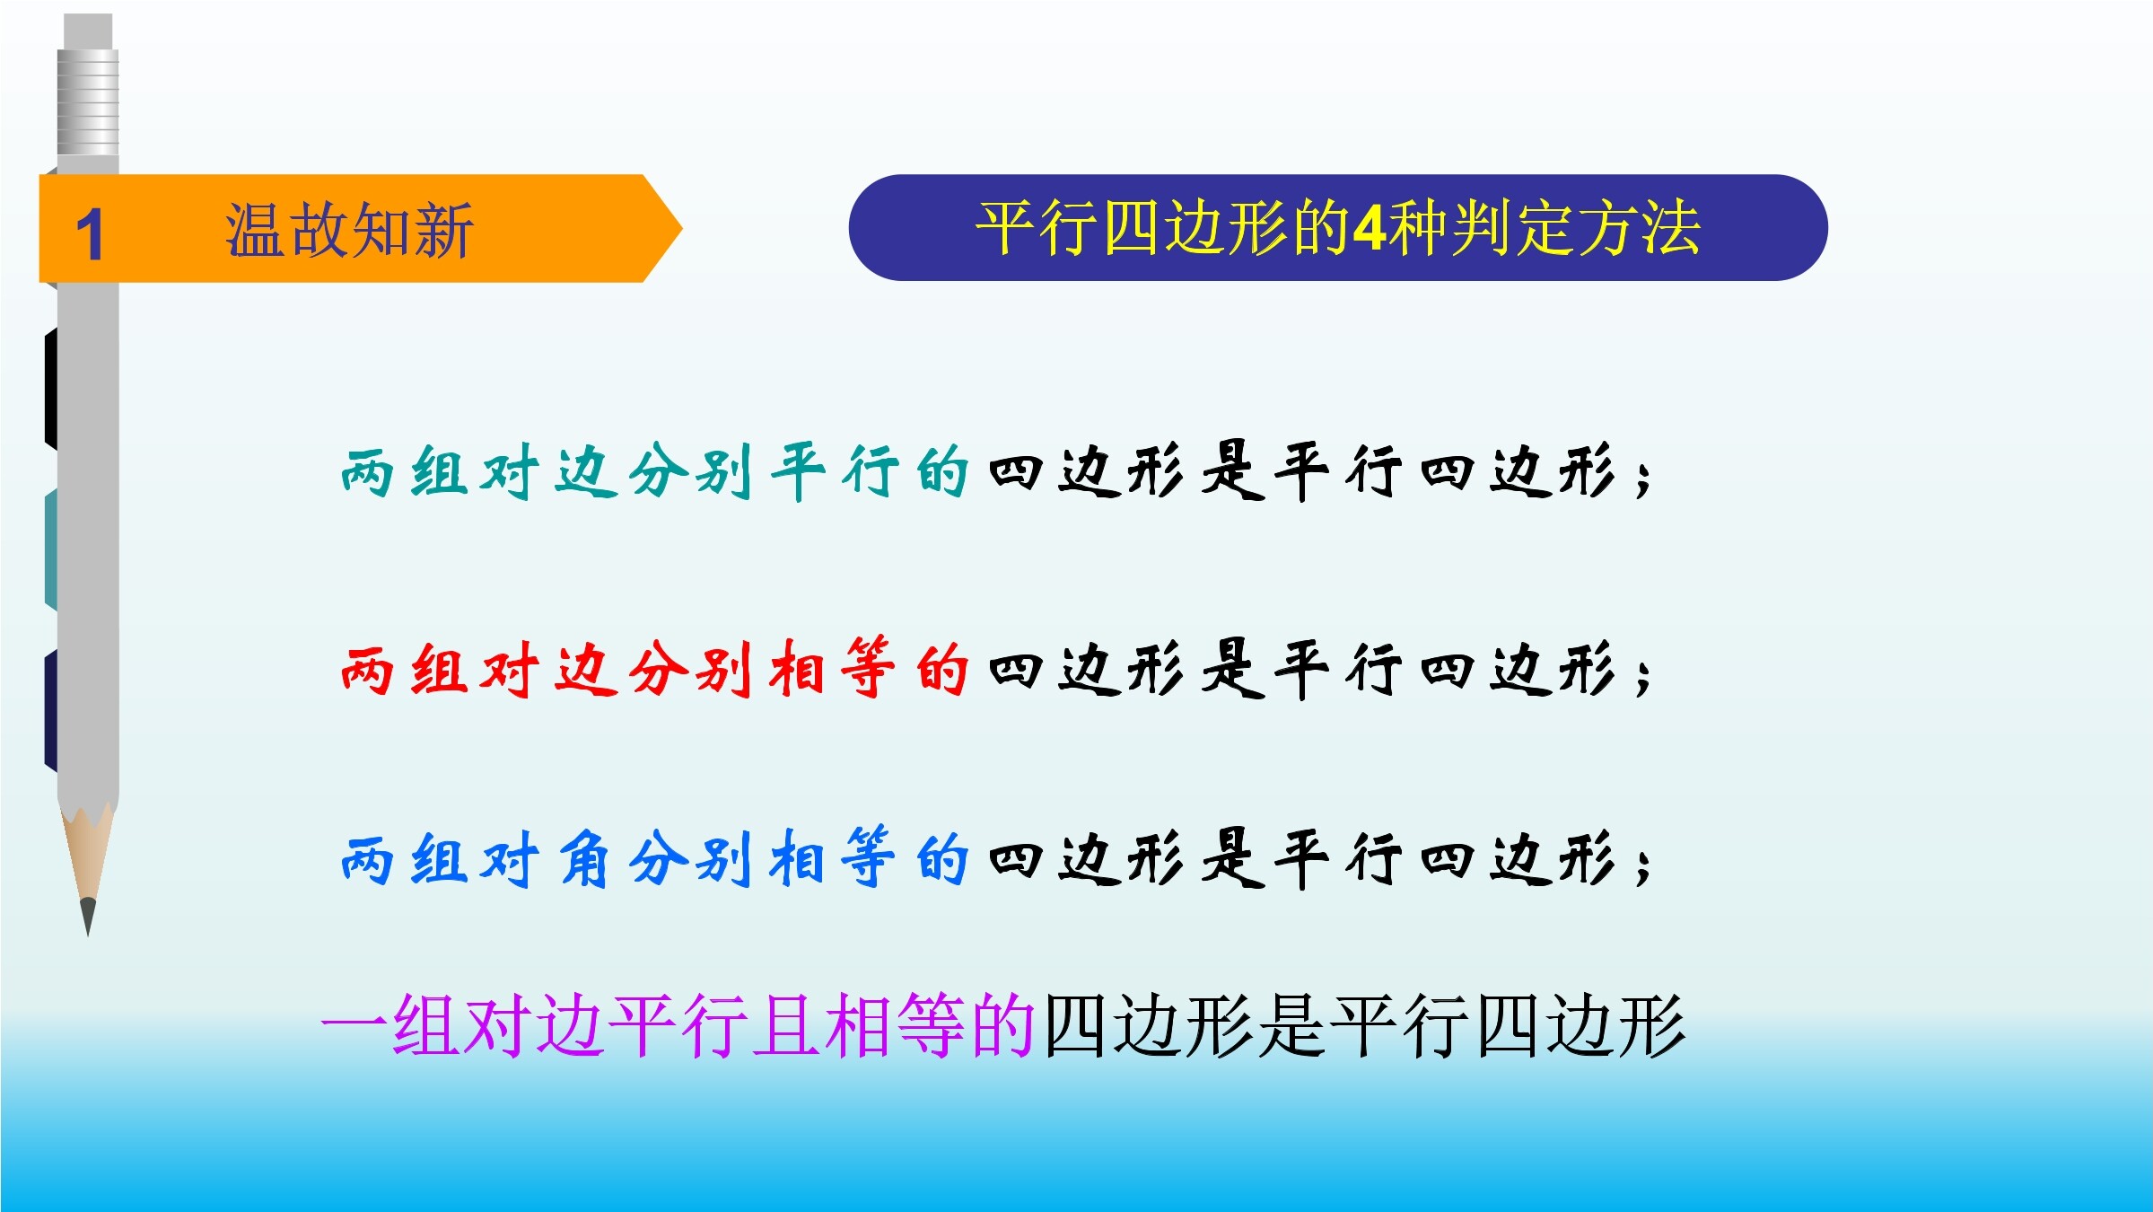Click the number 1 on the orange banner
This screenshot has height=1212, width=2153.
tap(90, 234)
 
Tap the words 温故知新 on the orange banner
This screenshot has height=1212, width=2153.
tap(349, 230)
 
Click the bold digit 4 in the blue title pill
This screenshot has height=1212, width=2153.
tap(1370, 228)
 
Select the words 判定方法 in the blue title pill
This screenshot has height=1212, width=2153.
tap(1577, 228)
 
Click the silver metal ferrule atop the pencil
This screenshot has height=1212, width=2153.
tap(88, 101)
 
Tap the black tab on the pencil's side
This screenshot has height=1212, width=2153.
tap(51, 388)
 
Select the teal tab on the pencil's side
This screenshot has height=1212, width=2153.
tap(51, 549)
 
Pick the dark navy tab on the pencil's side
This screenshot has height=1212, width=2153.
tap(51, 710)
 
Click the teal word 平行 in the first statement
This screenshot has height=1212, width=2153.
tap(836, 471)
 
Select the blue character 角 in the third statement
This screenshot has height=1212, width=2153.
tap(584, 858)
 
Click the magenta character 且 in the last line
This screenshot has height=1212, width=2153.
tap(786, 1024)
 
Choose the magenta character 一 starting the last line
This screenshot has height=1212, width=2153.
tap(354, 1024)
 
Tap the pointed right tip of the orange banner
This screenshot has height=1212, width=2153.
tap(681, 228)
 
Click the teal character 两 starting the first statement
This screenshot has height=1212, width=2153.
tap(367, 472)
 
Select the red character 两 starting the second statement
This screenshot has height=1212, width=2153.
tap(367, 670)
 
